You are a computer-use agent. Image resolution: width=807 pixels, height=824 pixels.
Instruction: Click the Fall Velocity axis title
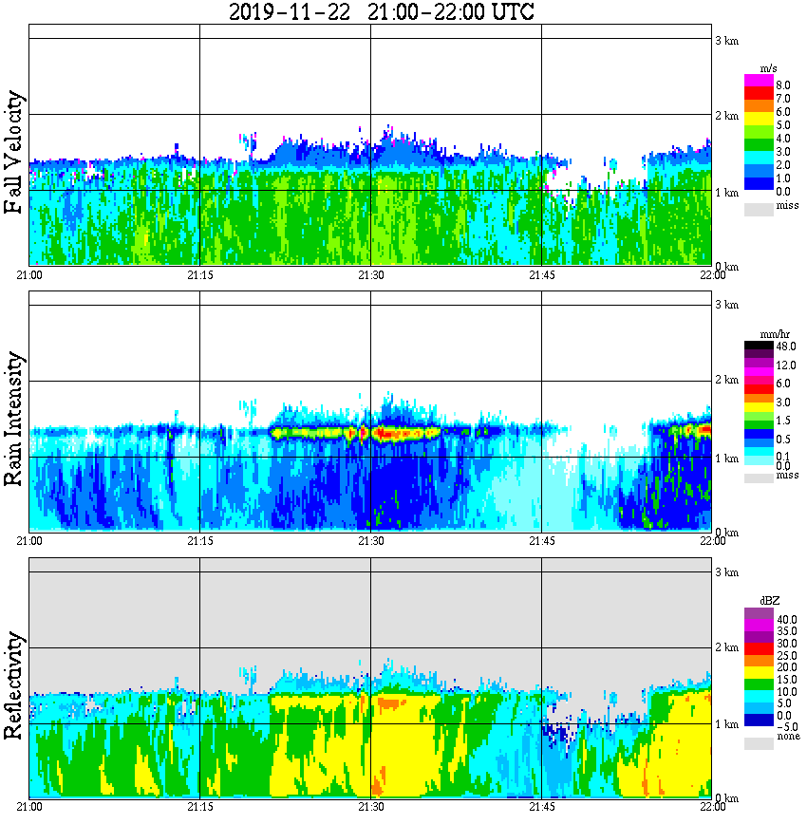[x=13, y=152]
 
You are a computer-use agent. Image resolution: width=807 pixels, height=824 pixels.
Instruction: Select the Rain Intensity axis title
[x=13, y=418]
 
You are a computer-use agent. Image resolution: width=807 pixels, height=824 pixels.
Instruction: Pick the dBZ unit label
[x=770, y=602]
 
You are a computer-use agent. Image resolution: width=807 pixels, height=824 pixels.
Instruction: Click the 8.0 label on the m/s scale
[x=783, y=85]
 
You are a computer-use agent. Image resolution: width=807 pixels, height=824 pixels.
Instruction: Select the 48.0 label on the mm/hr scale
[x=784, y=347]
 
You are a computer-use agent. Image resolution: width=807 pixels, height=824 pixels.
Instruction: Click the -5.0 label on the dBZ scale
[x=784, y=724]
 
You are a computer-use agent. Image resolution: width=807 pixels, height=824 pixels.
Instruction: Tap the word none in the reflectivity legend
[x=787, y=737]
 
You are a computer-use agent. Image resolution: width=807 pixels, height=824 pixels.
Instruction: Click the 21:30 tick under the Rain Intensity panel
[x=370, y=541]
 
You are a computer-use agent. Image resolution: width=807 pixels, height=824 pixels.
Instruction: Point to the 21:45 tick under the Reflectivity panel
[x=541, y=807]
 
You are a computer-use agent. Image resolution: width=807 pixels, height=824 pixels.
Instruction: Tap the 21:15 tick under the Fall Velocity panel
[x=199, y=275]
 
